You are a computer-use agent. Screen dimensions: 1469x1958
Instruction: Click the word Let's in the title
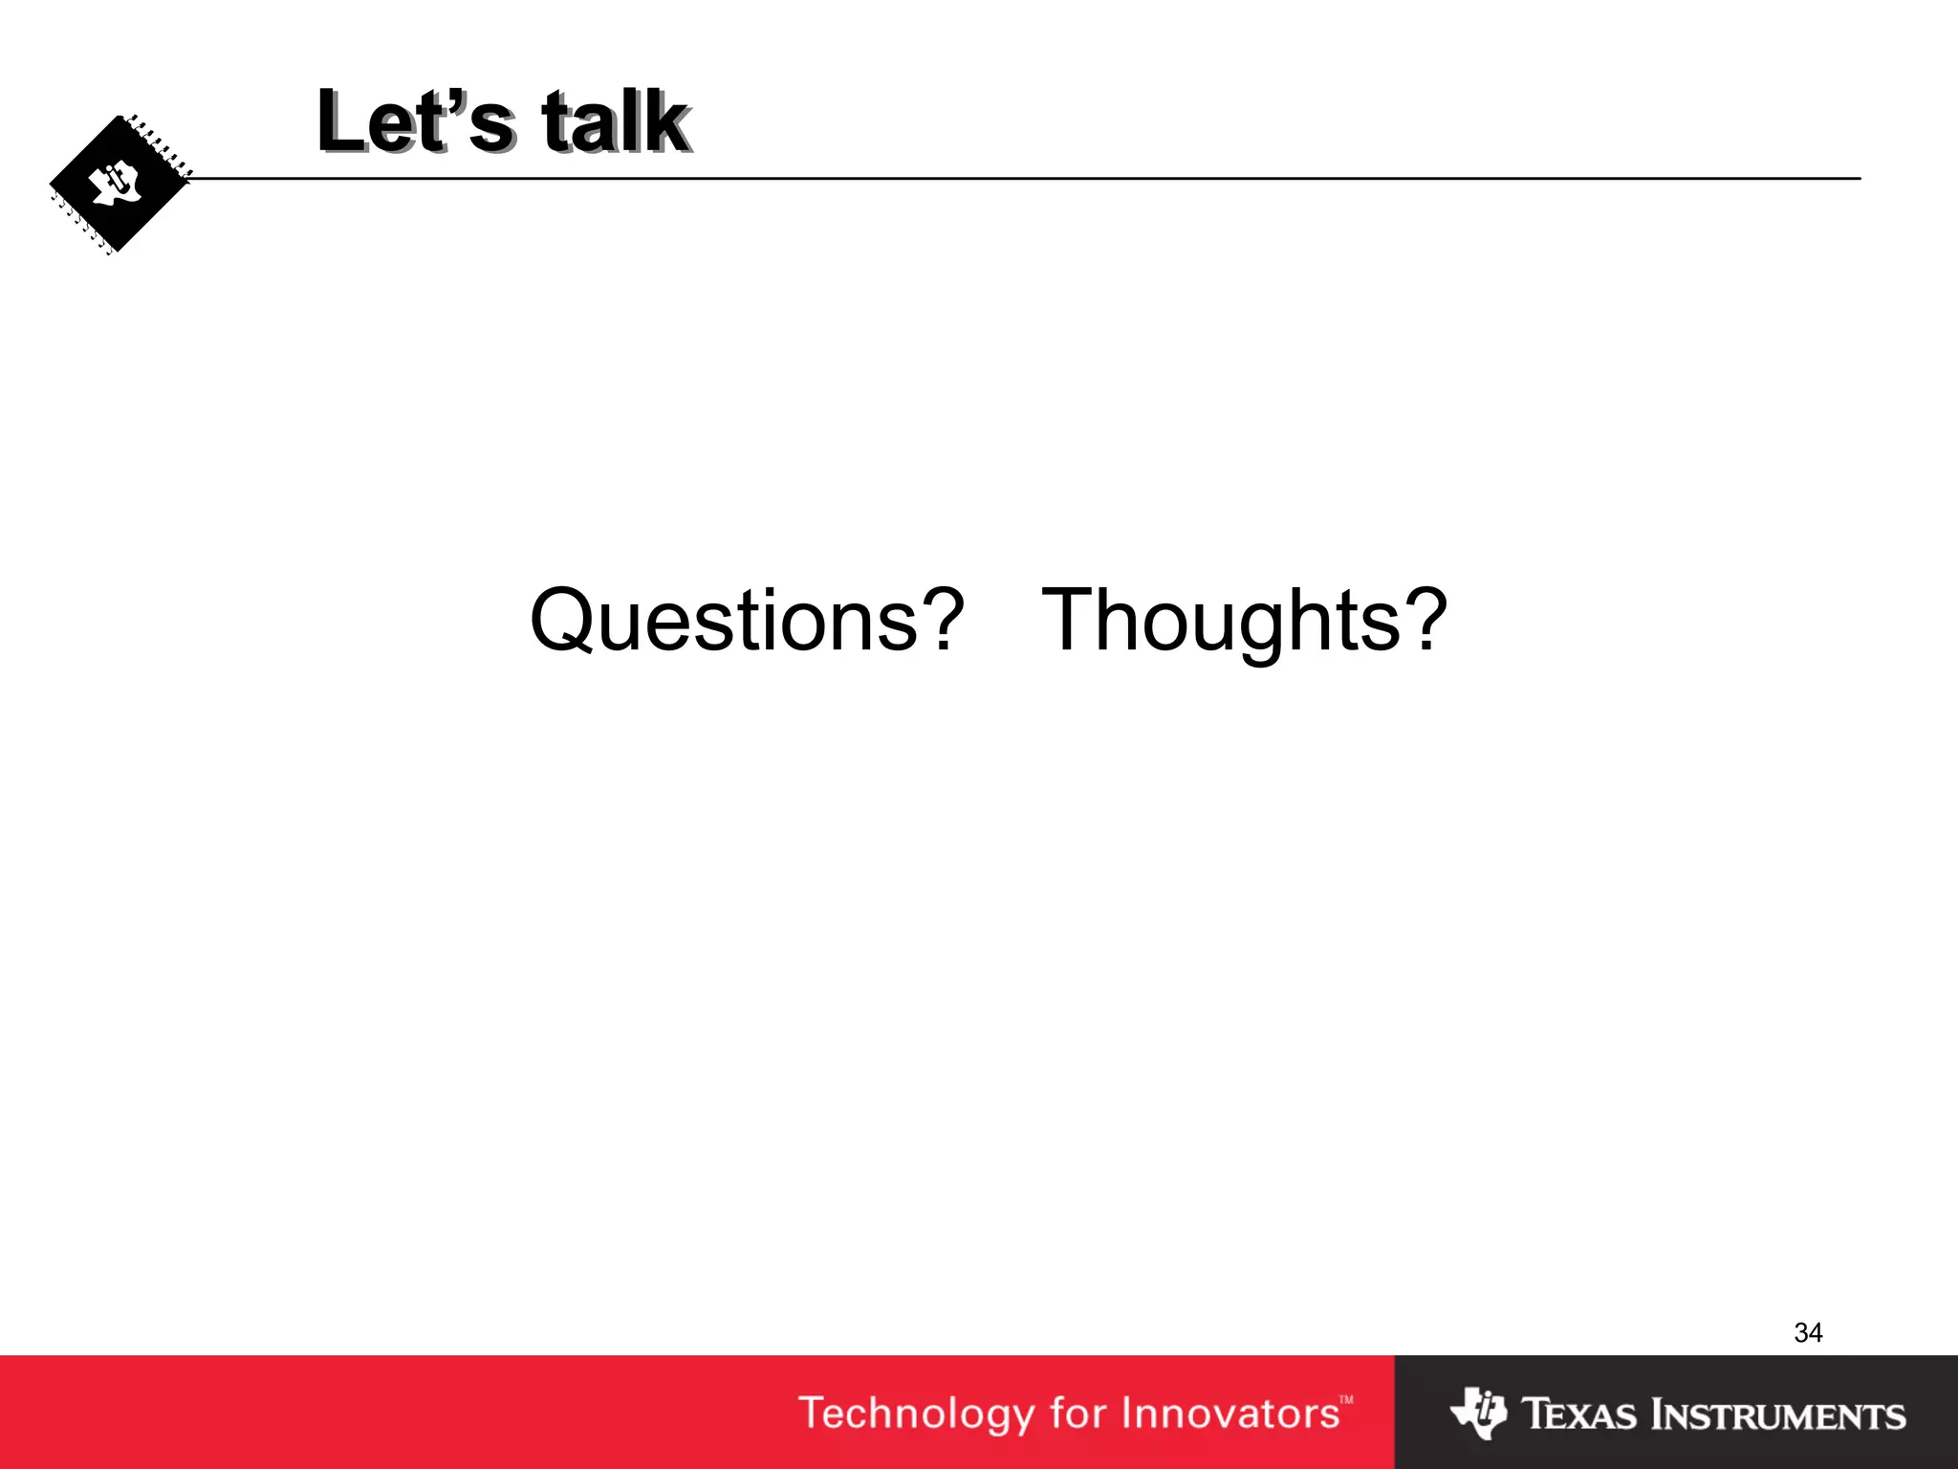coord(415,121)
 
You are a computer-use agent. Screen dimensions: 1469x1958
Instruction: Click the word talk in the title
coord(614,121)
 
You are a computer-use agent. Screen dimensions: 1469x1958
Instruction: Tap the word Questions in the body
coord(724,621)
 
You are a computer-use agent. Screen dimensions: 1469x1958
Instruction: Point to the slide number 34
coord(1808,1332)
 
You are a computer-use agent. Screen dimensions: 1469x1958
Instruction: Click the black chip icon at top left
coord(120,185)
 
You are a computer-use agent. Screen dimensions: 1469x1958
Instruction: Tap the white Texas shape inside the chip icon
coord(117,184)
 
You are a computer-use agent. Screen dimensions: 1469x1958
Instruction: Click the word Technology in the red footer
coord(916,1414)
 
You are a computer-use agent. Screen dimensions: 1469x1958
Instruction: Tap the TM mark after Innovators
coord(1346,1400)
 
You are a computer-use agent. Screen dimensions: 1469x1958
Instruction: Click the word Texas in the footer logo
coord(1578,1414)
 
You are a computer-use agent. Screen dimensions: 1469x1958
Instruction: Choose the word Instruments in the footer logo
coord(1779,1414)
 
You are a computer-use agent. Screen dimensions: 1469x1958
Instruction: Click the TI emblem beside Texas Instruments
coord(1478,1413)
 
